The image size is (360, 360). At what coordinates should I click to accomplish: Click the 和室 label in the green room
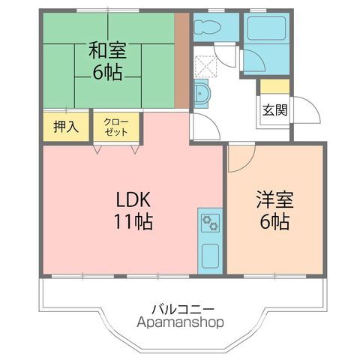pyautogui.click(x=107, y=51)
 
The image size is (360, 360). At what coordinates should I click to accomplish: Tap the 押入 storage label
pyautogui.click(x=66, y=126)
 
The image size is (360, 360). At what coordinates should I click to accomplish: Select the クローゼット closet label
pyautogui.click(x=116, y=126)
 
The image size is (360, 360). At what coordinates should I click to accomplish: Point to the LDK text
pyautogui.click(x=134, y=200)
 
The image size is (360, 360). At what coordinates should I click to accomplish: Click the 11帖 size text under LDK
pyautogui.click(x=134, y=222)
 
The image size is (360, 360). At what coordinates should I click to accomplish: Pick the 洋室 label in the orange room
pyautogui.click(x=274, y=200)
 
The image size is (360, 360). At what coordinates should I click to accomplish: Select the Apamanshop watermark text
pyautogui.click(x=181, y=323)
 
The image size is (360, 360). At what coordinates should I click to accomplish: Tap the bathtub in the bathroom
pyautogui.click(x=266, y=30)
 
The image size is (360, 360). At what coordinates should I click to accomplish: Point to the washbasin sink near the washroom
pyautogui.click(x=202, y=94)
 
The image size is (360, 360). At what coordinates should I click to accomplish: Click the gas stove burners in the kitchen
pyautogui.click(x=209, y=222)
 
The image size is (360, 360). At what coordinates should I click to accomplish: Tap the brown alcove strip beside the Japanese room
pyautogui.click(x=181, y=61)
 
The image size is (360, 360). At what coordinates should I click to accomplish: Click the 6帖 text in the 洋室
pyautogui.click(x=274, y=222)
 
